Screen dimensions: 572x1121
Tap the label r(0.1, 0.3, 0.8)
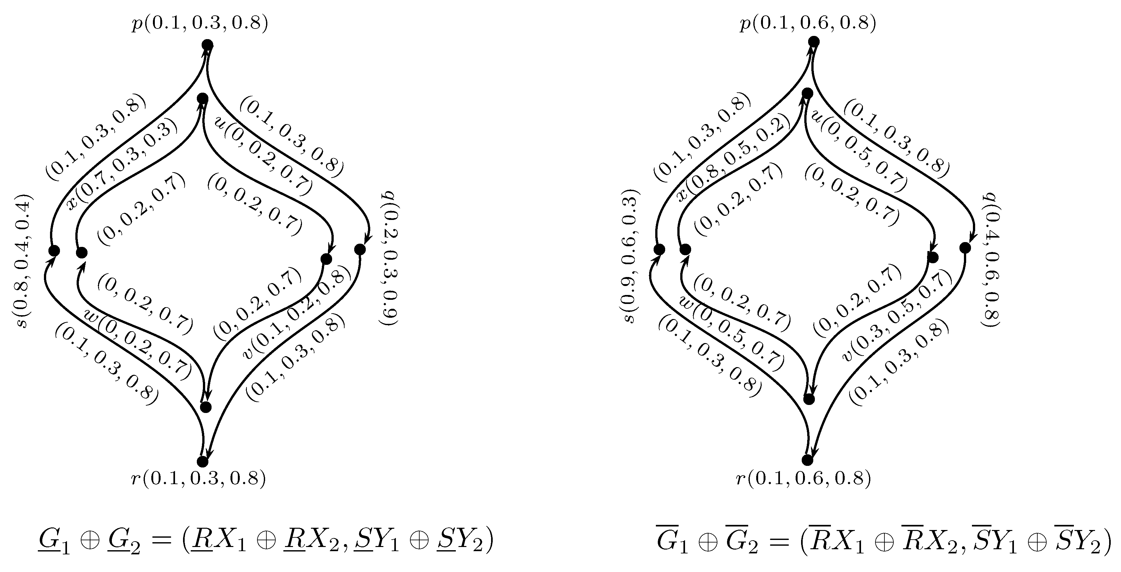click(198, 478)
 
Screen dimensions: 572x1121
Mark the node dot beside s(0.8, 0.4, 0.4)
click(54, 251)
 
